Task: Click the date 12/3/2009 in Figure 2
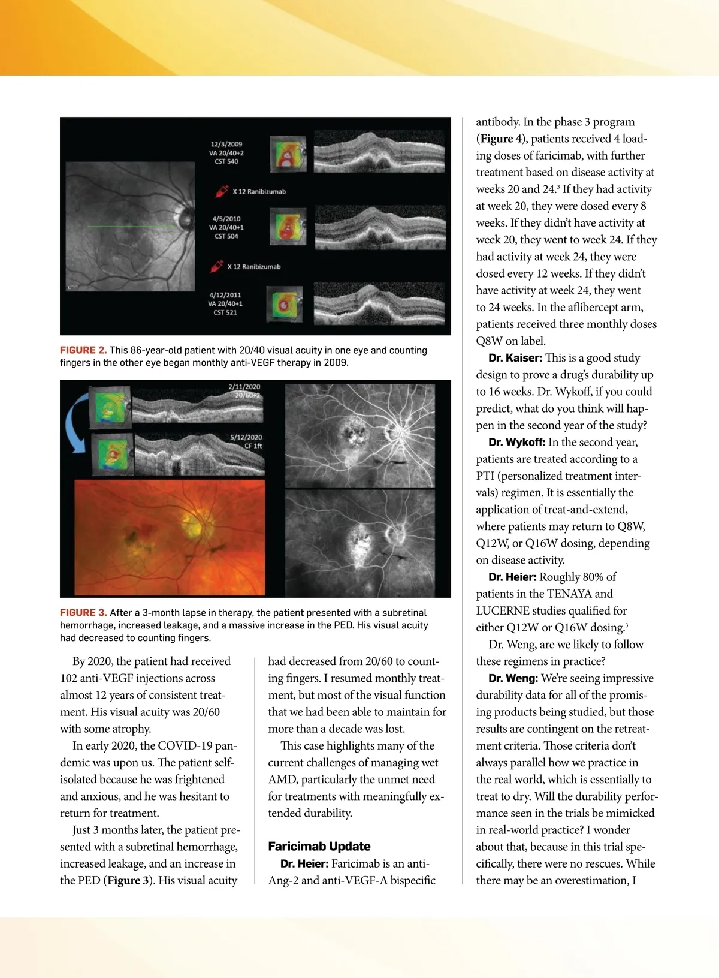[x=226, y=144]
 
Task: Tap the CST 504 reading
[x=226, y=236]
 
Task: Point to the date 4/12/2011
[x=225, y=295]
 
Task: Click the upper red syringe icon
[x=222, y=191]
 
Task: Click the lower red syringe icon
[x=216, y=266]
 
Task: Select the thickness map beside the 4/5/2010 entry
[x=288, y=225]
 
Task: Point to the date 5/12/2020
[x=246, y=437]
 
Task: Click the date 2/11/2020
[x=244, y=387]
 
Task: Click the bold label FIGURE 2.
[x=83, y=350]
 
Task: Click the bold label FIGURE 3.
[x=83, y=613]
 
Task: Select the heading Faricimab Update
[x=319, y=846]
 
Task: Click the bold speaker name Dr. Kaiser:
[x=515, y=358]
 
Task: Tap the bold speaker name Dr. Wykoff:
[x=516, y=443]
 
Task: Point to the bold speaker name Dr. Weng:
[x=513, y=678]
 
